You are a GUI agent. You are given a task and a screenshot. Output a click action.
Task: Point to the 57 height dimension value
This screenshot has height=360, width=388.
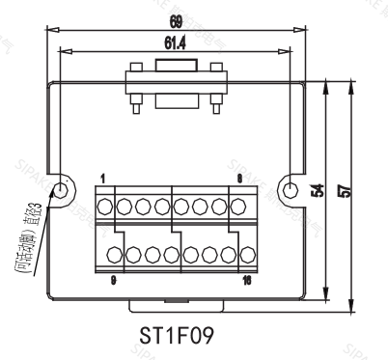click(345, 191)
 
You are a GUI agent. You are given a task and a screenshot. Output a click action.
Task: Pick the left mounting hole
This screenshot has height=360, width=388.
click(65, 187)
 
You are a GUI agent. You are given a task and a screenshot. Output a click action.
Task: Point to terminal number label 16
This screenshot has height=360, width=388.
click(247, 281)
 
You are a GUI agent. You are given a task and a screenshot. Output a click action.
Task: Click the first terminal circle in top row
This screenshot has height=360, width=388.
click(105, 206)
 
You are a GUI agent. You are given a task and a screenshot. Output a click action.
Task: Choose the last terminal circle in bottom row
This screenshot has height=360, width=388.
click(245, 256)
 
